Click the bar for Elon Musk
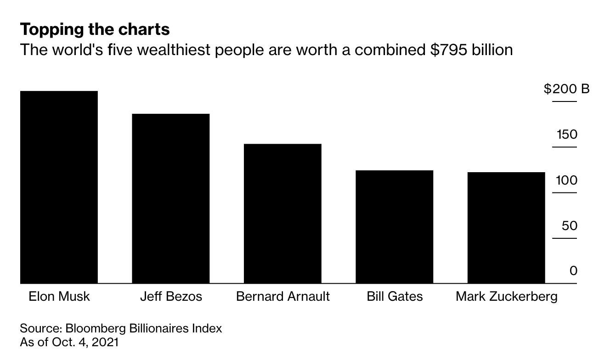coord(59,187)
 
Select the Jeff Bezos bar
coord(171,198)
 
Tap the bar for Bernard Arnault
coord(282,214)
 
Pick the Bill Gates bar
coord(395,227)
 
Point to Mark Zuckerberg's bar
coord(506,228)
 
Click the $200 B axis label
coord(566,89)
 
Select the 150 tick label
coord(567,135)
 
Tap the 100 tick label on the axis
coord(567,180)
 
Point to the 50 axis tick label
coord(569,226)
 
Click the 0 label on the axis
coord(573,271)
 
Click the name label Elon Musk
coord(59,296)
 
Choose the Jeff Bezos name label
coord(171,296)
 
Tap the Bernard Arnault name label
coord(282,296)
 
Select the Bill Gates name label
coord(395,296)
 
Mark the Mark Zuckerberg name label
coord(506,296)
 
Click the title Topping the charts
coord(95,30)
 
